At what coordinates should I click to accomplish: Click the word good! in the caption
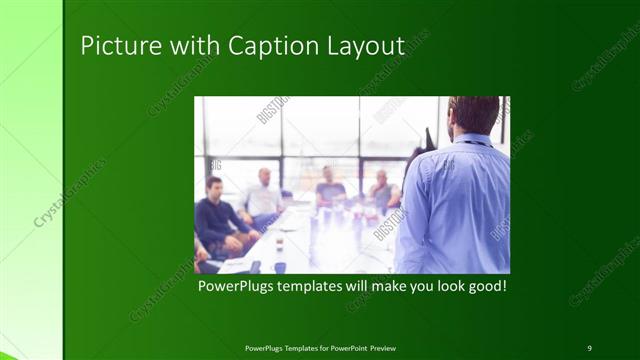tap(483, 286)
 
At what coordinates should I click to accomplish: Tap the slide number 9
tap(589, 347)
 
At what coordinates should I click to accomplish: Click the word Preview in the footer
tap(390, 347)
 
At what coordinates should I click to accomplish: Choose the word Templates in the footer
tap(293, 347)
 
